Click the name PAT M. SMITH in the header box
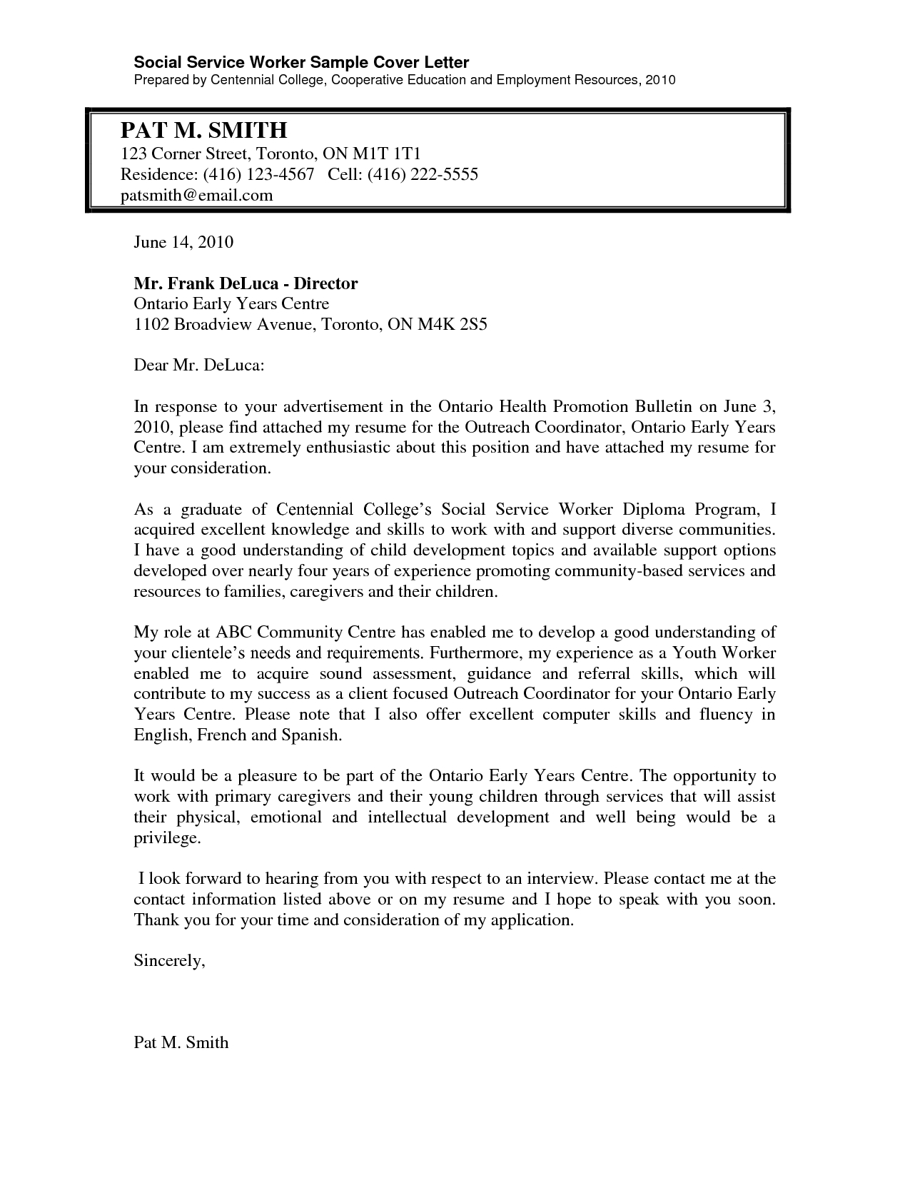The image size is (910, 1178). pyautogui.click(x=203, y=130)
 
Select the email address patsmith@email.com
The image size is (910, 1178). pyautogui.click(x=196, y=195)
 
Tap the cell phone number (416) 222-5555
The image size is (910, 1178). pyautogui.click(x=423, y=174)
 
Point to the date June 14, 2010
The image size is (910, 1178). pyautogui.click(x=183, y=242)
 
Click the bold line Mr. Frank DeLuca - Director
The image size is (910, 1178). pyautogui.click(x=246, y=283)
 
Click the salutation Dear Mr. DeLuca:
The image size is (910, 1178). pyautogui.click(x=199, y=366)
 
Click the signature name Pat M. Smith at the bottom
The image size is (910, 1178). pyautogui.click(x=181, y=1042)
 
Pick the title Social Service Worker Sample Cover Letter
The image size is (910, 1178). pyautogui.click(x=301, y=63)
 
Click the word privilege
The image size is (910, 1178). pyautogui.click(x=167, y=837)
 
